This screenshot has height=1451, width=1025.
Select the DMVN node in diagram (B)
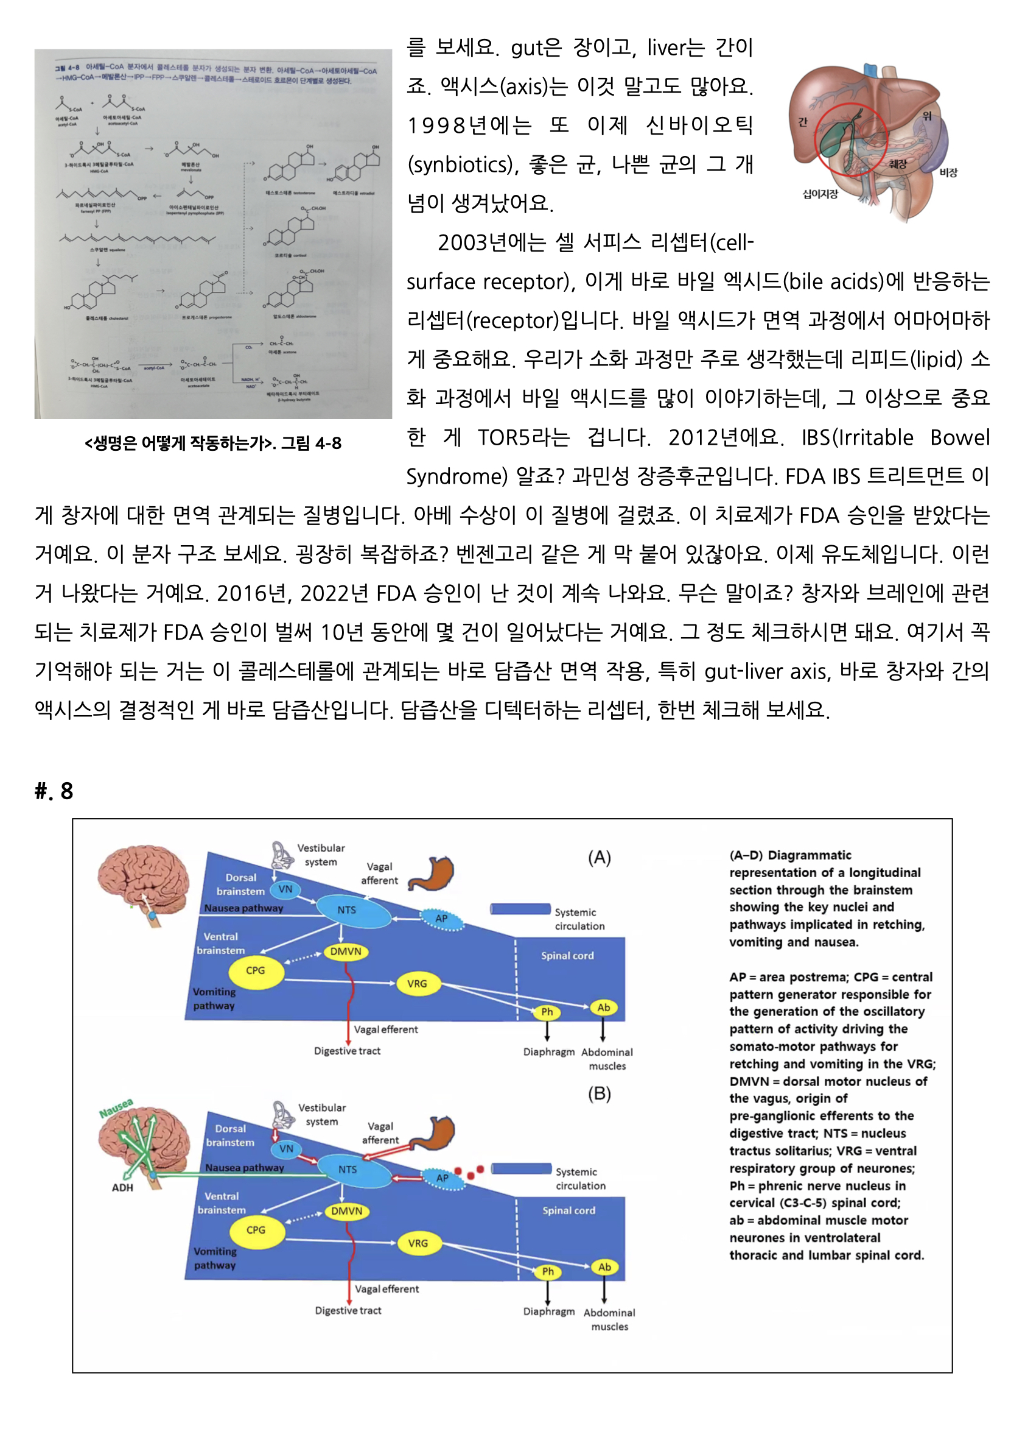click(347, 1211)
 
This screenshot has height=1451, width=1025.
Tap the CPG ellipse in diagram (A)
click(256, 970)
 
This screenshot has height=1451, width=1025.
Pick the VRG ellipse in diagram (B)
click(418, 1243)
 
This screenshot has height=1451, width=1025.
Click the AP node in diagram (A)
click(441, 918)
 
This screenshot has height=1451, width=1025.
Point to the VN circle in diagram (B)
click(286, 1148)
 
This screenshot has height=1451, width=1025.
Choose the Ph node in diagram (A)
click(547, 1012)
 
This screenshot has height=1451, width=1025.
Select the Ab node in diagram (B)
click(604, 1266)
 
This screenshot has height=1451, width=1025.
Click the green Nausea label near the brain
click(116, 1108)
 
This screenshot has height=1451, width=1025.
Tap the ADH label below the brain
click(122, 1187)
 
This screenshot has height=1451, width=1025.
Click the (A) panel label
click(600, 858)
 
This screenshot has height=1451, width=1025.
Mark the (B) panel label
click(600, 1093)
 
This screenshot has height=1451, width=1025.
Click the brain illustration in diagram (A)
click(142, 882)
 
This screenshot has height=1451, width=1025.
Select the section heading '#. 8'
click(54, 791)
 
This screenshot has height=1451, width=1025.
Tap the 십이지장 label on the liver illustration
click(820, 194)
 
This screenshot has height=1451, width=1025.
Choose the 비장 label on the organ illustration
click(948, 172)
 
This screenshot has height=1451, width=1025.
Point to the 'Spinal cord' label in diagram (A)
click(567, 956)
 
